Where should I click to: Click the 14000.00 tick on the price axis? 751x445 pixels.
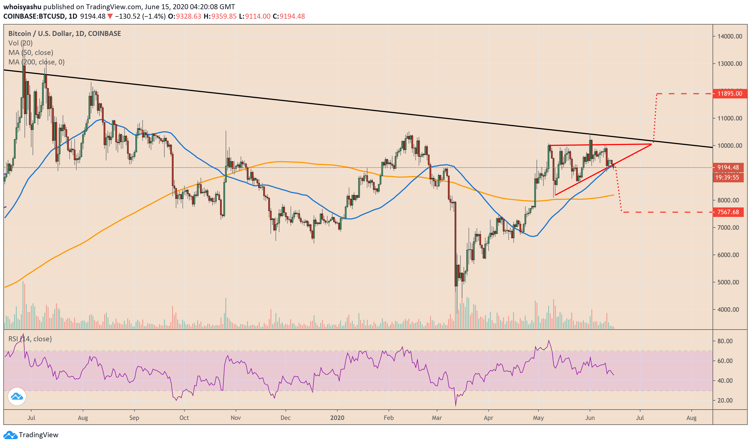pos(730,36)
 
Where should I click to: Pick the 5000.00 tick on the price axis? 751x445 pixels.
pos(730,282)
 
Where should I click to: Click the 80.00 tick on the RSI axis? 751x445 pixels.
pos(725,341)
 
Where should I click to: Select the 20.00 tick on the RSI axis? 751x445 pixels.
pos(725,401)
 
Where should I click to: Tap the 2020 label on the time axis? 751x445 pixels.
pos(337,418)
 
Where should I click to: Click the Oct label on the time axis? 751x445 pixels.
pos(184,418)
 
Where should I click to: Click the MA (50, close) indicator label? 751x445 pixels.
pos(31,52)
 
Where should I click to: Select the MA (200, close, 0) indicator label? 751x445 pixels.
pos(36,62)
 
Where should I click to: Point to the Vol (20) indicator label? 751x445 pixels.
pos(20,43)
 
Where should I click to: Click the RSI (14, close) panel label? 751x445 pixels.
pos(30,339)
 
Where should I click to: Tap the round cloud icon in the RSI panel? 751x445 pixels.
pos(17,396)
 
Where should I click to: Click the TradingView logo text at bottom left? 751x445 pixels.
pos(38,434)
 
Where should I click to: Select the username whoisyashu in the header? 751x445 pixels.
pos(23,7)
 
